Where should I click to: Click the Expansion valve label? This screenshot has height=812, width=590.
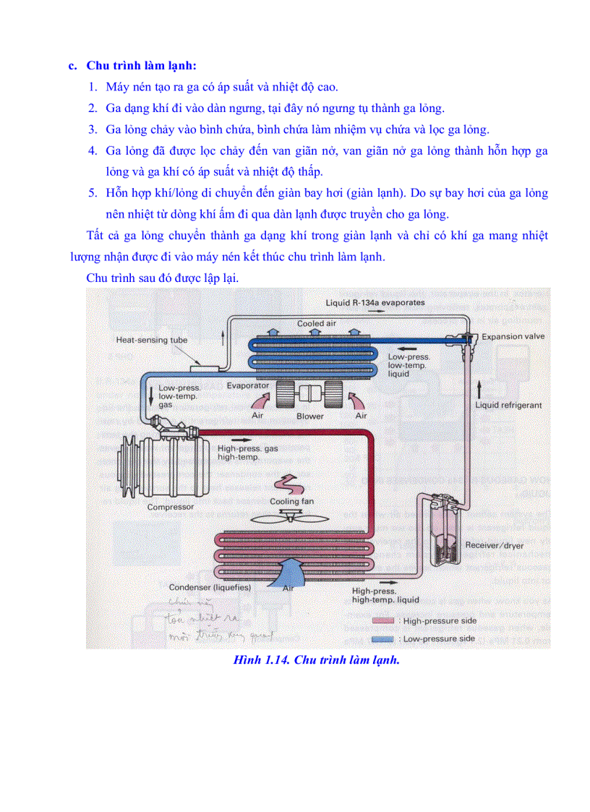click(513, 336)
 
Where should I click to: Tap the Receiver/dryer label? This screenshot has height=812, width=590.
click(494, 545)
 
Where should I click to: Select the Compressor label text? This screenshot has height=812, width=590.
click(171, 507)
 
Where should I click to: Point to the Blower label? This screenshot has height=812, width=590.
click(310, 416)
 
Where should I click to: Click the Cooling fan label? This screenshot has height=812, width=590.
click(291, 501)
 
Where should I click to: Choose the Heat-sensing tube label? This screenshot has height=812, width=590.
click(152, 339)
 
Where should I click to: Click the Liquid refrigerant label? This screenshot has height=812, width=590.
click(508, 406)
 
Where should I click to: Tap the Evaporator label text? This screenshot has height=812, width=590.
click(247, 385)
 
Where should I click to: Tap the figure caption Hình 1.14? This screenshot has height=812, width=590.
click(317, 660)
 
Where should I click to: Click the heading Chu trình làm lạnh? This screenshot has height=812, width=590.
click(141, 65)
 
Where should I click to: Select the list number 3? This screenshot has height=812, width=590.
click(93, 129)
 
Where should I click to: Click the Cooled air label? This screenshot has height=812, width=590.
click(316, 323)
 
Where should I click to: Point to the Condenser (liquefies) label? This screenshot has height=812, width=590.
click(210, 588)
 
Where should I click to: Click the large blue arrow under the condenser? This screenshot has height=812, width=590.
click(289, 573)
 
